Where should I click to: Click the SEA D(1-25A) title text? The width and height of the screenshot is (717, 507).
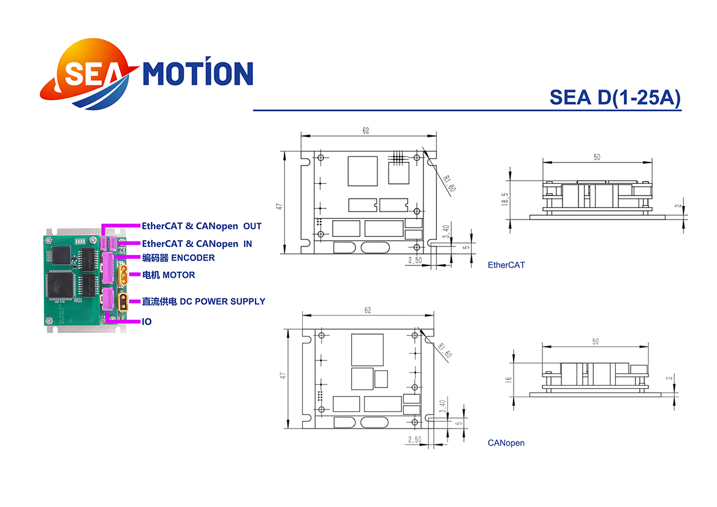615,97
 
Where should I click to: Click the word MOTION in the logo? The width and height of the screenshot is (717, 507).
198,72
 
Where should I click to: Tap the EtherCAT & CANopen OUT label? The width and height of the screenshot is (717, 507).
202,226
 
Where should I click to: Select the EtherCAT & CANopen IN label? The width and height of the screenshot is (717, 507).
197,244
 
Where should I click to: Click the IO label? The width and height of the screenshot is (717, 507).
147,322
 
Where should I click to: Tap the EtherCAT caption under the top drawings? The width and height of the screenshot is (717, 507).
506,265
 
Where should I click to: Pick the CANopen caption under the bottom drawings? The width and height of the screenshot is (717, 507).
506,443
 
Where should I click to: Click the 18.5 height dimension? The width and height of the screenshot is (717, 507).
505,199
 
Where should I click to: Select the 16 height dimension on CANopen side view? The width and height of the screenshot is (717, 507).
508,379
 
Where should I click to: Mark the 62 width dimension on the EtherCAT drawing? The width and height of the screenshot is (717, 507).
366,131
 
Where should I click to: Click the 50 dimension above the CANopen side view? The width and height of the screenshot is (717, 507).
596,341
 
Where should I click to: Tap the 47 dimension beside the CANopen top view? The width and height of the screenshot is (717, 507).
284,375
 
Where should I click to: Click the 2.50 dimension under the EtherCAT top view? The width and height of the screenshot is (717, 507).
415,260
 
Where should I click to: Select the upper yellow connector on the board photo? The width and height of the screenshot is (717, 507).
123,275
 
